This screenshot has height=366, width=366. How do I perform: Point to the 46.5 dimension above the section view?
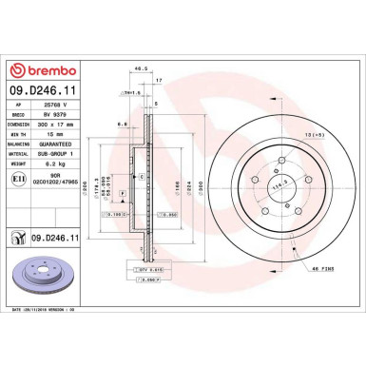(x=140, y=69)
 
